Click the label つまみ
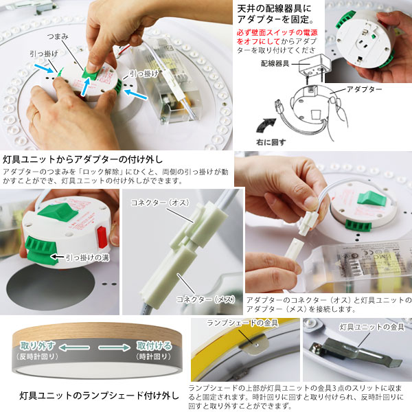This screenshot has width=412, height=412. [58, 36]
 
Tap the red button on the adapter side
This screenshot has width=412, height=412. [102, 238]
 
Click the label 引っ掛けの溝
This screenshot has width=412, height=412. [87, 257]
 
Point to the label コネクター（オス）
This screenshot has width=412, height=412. [160, 203]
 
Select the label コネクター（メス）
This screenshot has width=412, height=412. [205, 299]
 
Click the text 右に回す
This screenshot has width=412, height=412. [271, 142]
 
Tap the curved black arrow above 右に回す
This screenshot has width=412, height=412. [265, 126]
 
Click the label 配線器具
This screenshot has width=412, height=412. [275, 63]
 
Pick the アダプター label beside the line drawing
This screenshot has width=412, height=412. [365, 89]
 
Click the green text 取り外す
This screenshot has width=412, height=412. [38, 346]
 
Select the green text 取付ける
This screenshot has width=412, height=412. [154, 346]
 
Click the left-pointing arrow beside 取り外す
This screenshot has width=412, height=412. [74, 347]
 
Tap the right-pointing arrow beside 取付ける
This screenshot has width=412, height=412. [114, 347]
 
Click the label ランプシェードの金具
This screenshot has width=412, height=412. [242, 323]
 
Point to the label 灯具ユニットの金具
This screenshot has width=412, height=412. [371, 327]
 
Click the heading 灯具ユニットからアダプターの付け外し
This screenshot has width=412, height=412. [83, 159]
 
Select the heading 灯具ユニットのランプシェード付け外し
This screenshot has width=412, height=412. [99, 396]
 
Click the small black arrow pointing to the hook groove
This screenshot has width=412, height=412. [57, 257]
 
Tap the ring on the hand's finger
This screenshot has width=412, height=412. [34, 116]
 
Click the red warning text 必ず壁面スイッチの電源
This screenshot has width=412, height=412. [277, 32]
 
